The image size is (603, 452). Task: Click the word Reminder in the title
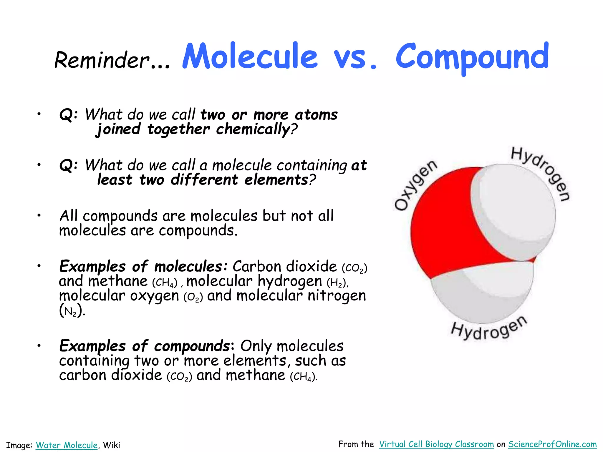pos(102,60)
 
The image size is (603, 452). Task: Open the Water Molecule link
pos(67,445)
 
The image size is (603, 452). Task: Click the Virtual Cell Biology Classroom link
pos(436,444)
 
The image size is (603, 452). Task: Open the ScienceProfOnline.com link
pos(552,444)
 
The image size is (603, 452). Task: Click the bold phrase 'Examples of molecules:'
pos(143,266)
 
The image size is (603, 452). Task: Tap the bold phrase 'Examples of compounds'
pos(145,346)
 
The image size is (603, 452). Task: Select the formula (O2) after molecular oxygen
pos(193,297)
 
